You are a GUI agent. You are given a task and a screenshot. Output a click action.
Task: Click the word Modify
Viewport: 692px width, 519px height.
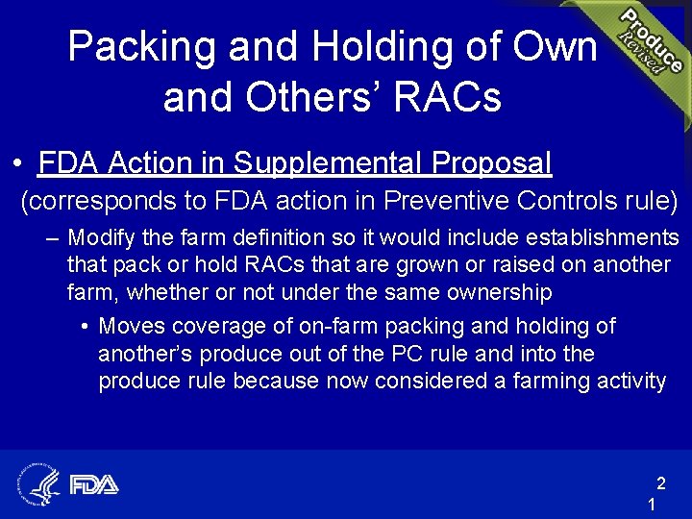click(x=101, y=237)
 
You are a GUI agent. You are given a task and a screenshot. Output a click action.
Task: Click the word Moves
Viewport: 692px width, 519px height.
click(x=130, y=327)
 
